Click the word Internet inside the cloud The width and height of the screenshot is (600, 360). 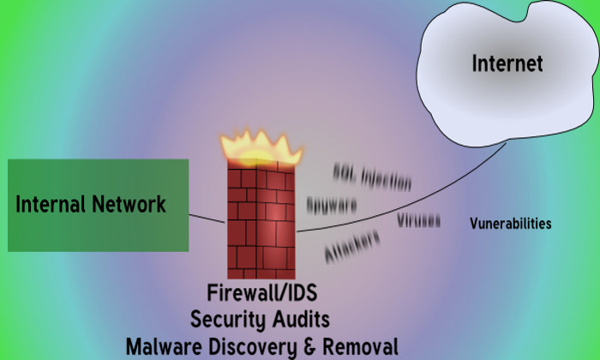[x=507, y=63]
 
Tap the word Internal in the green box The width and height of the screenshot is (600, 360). [x=50, y=205]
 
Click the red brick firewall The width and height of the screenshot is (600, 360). [x=261, y=219]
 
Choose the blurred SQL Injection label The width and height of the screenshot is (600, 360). [x=373, y=177]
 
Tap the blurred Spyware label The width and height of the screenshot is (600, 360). [x=331, y=207]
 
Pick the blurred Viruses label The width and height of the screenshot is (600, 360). [x=418, y=220]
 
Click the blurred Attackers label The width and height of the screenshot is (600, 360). [x=352, y=245]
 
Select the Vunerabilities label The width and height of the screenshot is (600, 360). [x=510, y=224]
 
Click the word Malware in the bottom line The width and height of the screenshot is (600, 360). [x=159, y=346]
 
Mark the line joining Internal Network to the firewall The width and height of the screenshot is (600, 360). [x=207, y=218]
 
